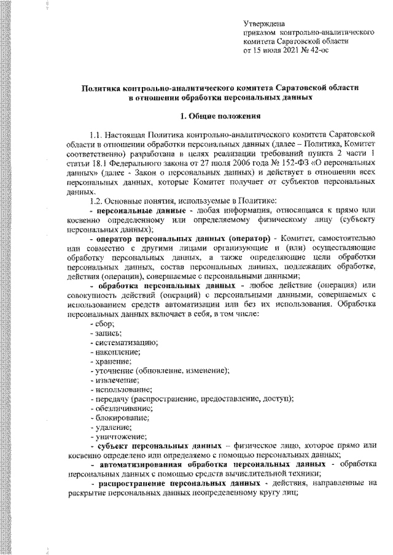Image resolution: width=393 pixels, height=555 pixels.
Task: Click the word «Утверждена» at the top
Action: [263, 22]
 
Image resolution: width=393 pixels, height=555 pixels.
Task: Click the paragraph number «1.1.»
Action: [97, 134]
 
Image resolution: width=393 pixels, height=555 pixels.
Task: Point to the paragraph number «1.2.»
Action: [97, 202]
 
